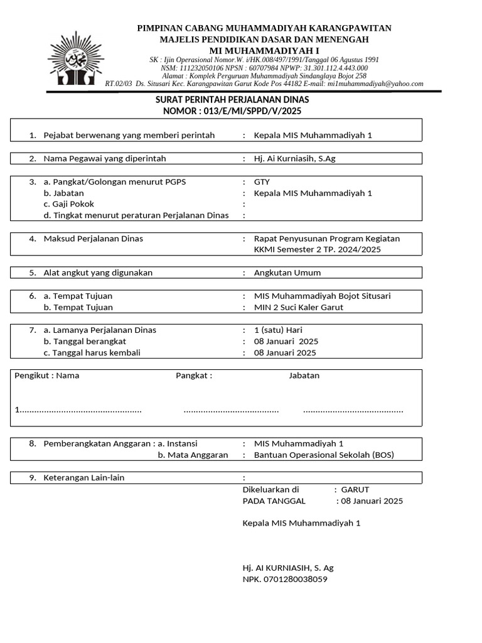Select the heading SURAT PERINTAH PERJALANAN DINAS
coord(232,100)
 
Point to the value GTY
coord(262,182)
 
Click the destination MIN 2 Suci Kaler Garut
coord(299,307)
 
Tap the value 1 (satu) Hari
coord(278,330)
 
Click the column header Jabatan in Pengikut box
coord(304,376)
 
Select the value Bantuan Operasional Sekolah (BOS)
coord(324,455)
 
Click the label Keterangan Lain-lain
coord(83,477)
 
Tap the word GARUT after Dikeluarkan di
coord(355,489)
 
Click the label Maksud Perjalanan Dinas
coord(93,239)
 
